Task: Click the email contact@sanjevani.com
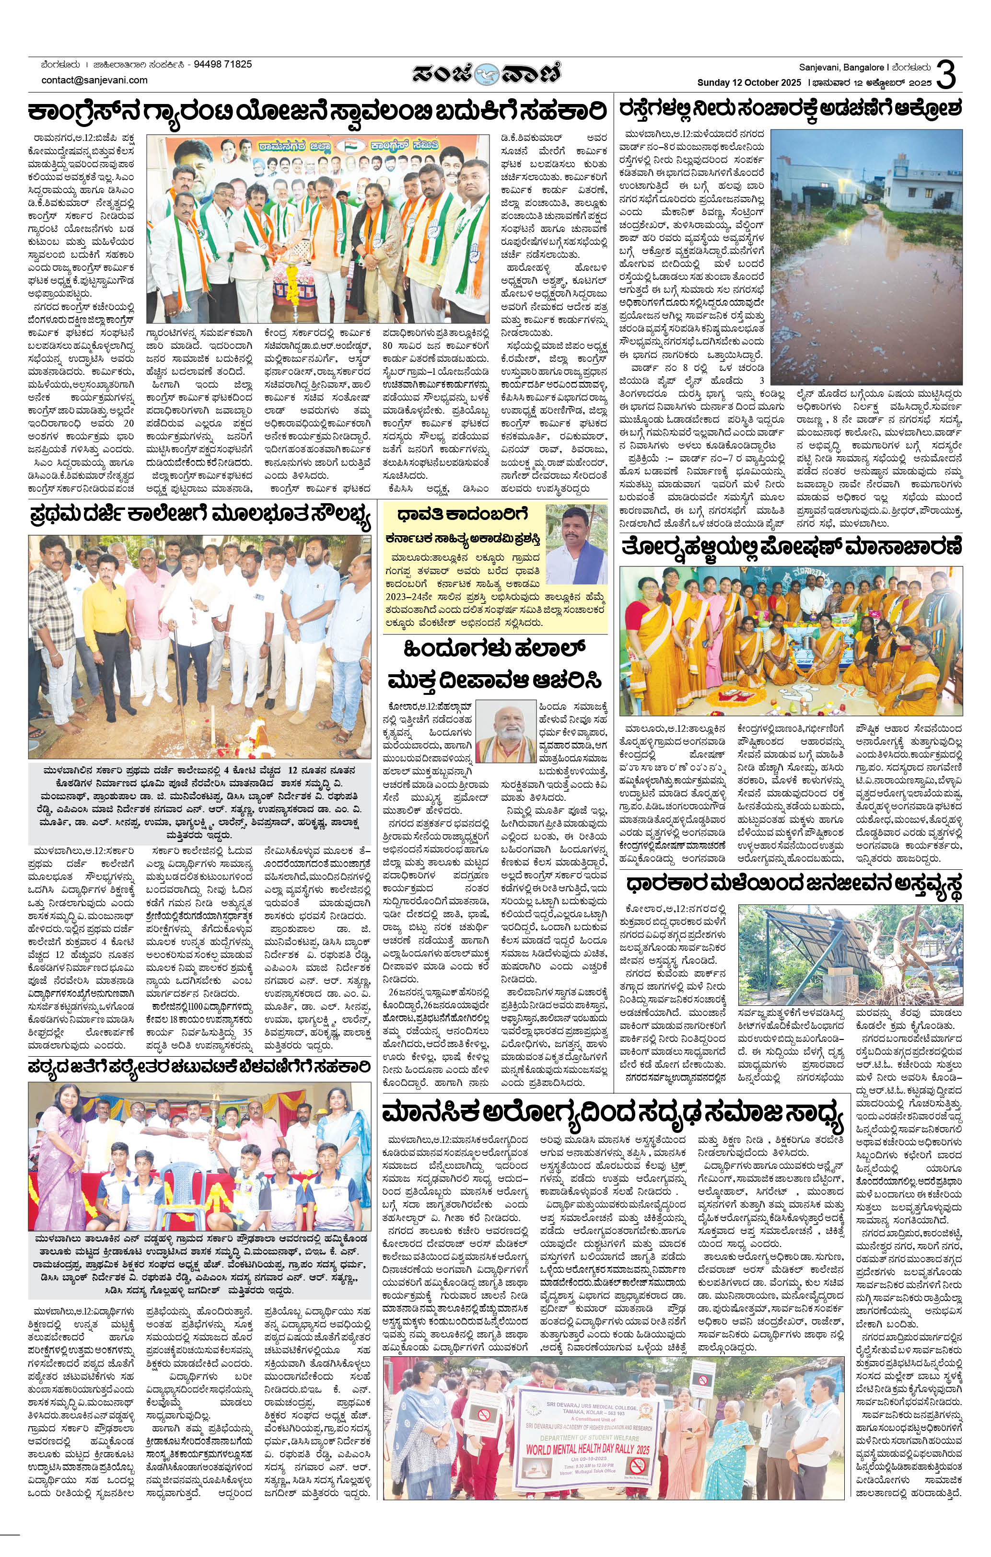pyautogui.click(x=94, y=80)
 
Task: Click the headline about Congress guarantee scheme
pyautogui.click(x=317, y=113)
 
